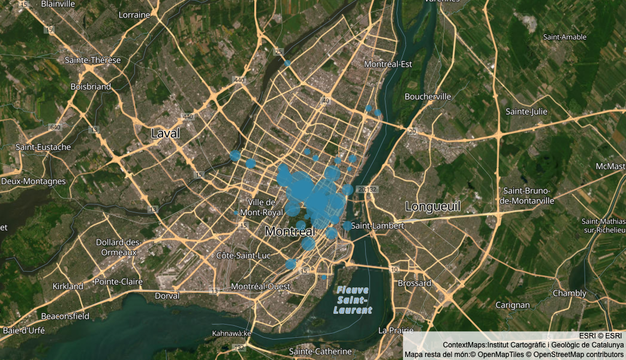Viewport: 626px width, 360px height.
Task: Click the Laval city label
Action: [165, 133]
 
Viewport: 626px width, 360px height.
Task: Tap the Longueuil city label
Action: [433, 206]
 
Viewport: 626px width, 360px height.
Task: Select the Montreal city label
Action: [290, 231]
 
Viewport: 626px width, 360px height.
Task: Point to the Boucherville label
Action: [428, 96]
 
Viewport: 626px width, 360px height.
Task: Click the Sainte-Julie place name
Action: [526, 112]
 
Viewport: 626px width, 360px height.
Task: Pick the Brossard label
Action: [414, 283]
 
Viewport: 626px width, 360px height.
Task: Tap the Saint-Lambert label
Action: [378, 226]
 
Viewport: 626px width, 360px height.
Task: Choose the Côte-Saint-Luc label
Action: [243, 256]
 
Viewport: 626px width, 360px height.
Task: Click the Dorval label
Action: [167, 296]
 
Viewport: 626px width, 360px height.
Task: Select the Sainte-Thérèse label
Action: [93, 60]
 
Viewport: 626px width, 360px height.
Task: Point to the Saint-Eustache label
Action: [43, 147]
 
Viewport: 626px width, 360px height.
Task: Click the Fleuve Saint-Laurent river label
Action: [353, 300]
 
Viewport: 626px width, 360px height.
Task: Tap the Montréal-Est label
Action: [389, 64]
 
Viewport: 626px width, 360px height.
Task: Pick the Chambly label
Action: [569, 293]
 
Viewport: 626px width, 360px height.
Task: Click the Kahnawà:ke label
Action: [231, 333]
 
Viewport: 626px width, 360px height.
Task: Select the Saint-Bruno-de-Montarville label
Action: [528, 196]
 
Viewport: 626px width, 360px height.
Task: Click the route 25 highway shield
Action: [278, 52]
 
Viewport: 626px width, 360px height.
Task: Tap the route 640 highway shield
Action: [56, 127]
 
